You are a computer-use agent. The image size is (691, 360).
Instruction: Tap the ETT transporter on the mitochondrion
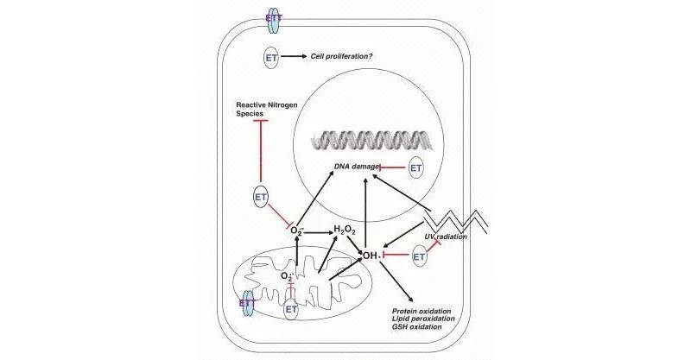247,303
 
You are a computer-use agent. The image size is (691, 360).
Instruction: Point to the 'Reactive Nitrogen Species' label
269,109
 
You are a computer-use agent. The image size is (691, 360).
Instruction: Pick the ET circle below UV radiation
421,256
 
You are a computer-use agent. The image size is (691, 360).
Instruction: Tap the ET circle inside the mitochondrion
291,307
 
